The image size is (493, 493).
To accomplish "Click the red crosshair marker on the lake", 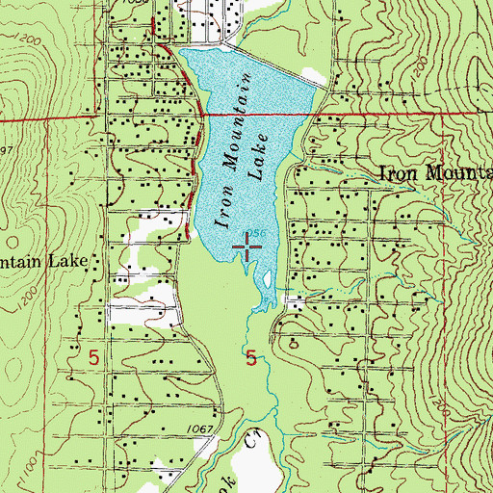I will (247, 250).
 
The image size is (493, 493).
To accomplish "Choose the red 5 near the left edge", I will (93, 357).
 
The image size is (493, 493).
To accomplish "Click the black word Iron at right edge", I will (399, 174).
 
